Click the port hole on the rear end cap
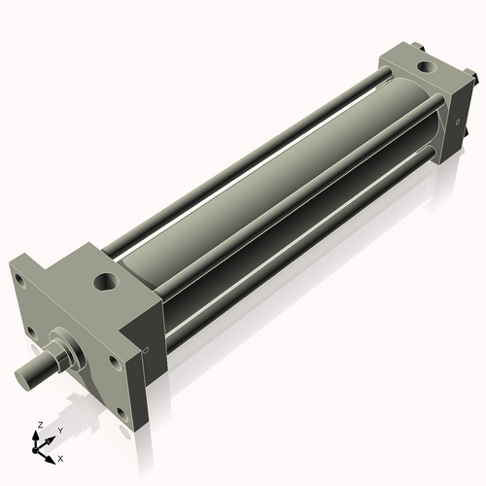pos(425,68)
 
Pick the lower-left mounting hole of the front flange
pos(31,331)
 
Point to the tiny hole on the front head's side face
pos(146,350)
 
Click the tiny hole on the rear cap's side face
pos(458,121)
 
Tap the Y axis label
pos(60,430)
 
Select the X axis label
pos(60,457)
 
